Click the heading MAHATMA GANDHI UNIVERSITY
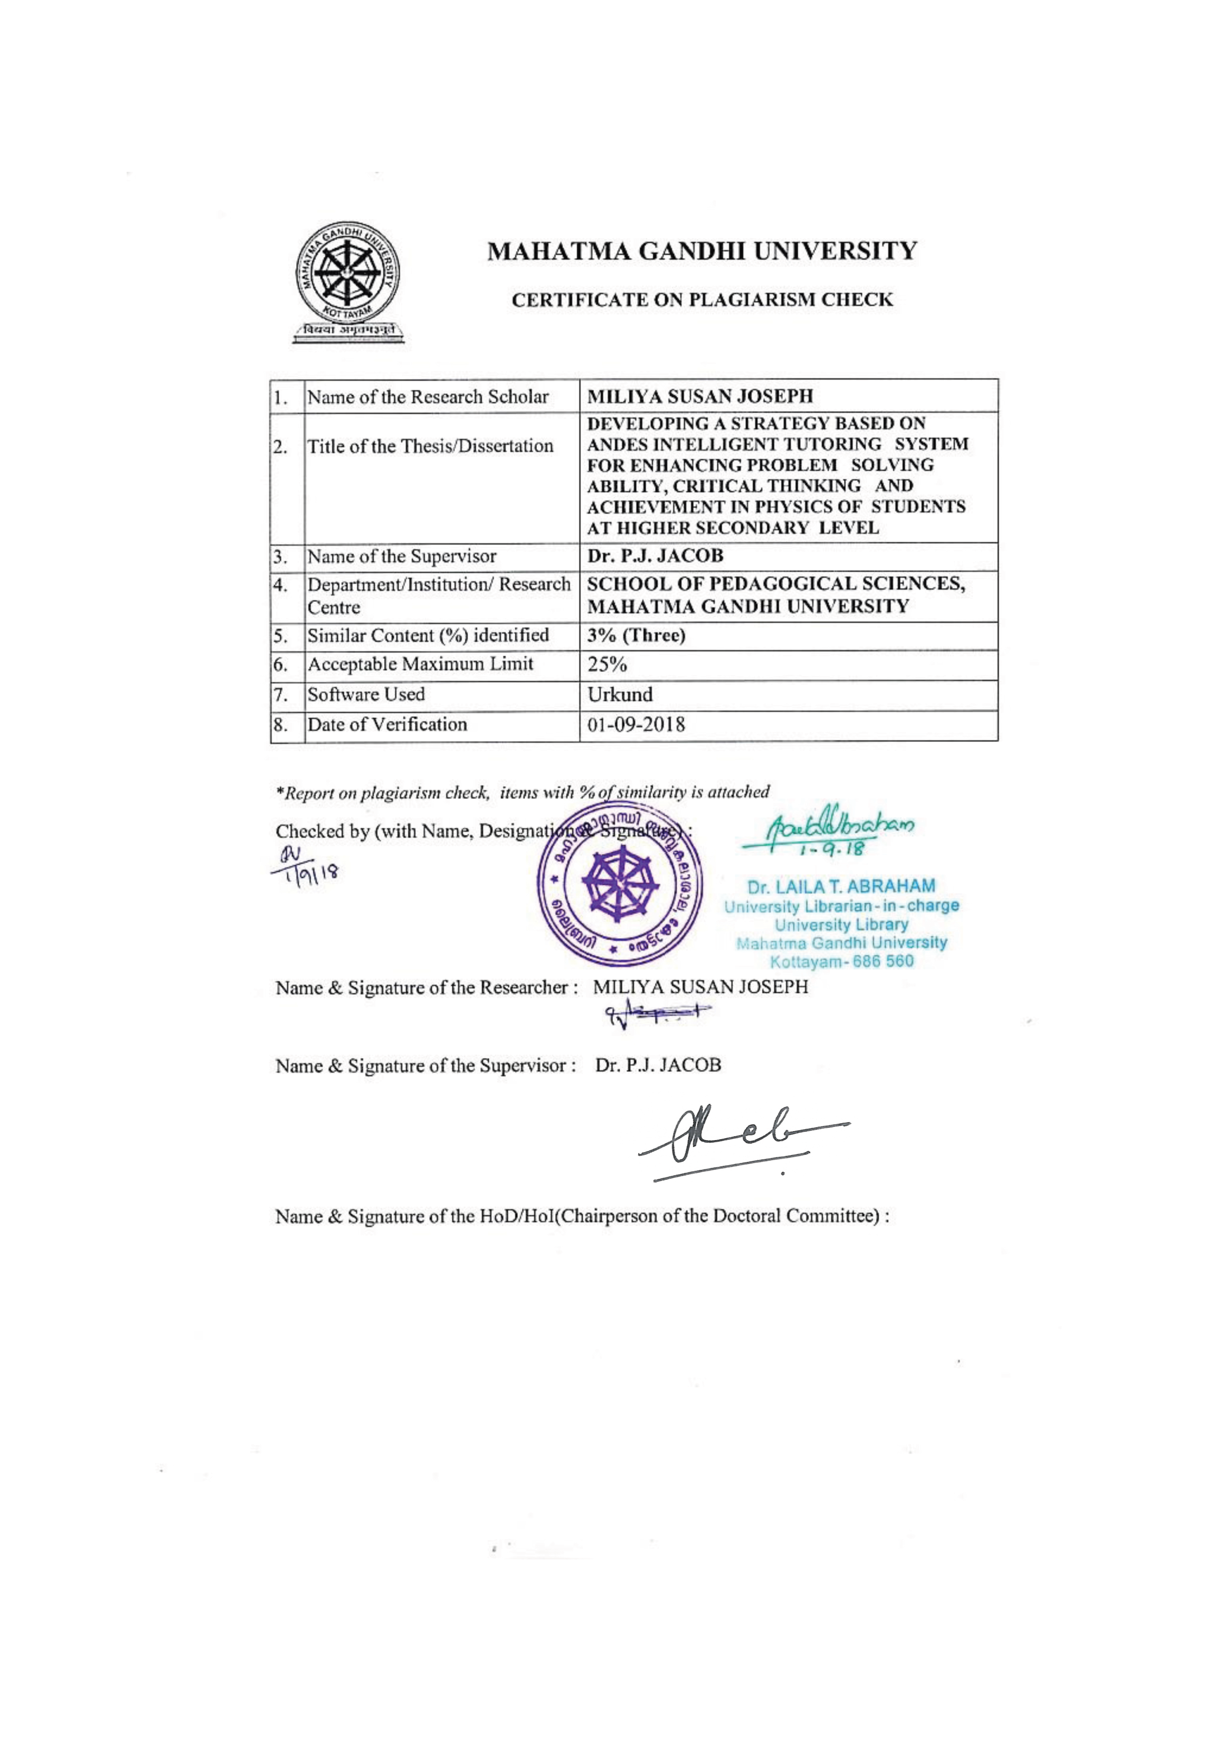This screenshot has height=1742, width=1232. point(702,251)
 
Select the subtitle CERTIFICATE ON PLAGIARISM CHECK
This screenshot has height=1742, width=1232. point(702,300)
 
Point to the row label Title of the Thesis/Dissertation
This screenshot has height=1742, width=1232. point(430,446)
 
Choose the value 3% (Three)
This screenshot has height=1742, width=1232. point(636,636)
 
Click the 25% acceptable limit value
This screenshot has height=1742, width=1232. point(607,664)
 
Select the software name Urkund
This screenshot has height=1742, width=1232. point(620,694)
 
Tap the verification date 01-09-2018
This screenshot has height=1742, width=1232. point(636,725)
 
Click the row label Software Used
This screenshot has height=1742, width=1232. point(366,694)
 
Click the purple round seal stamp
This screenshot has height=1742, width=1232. point(619,886)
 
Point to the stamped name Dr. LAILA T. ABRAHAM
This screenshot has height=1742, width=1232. point(841,886)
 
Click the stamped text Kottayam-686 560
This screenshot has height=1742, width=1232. point(841,962)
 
